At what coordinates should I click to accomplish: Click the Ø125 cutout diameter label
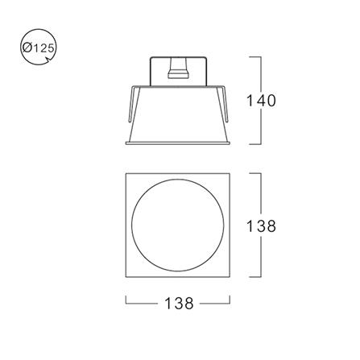click(39, 48)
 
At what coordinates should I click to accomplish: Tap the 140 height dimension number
click(261, 101)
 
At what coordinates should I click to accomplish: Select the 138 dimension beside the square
click(261, 226)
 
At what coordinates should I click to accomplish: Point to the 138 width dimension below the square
click(179, 304)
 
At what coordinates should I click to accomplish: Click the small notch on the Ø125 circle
click(48, 60)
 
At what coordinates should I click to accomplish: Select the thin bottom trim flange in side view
click(178, 143)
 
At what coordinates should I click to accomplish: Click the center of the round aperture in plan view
click(177, 226)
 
